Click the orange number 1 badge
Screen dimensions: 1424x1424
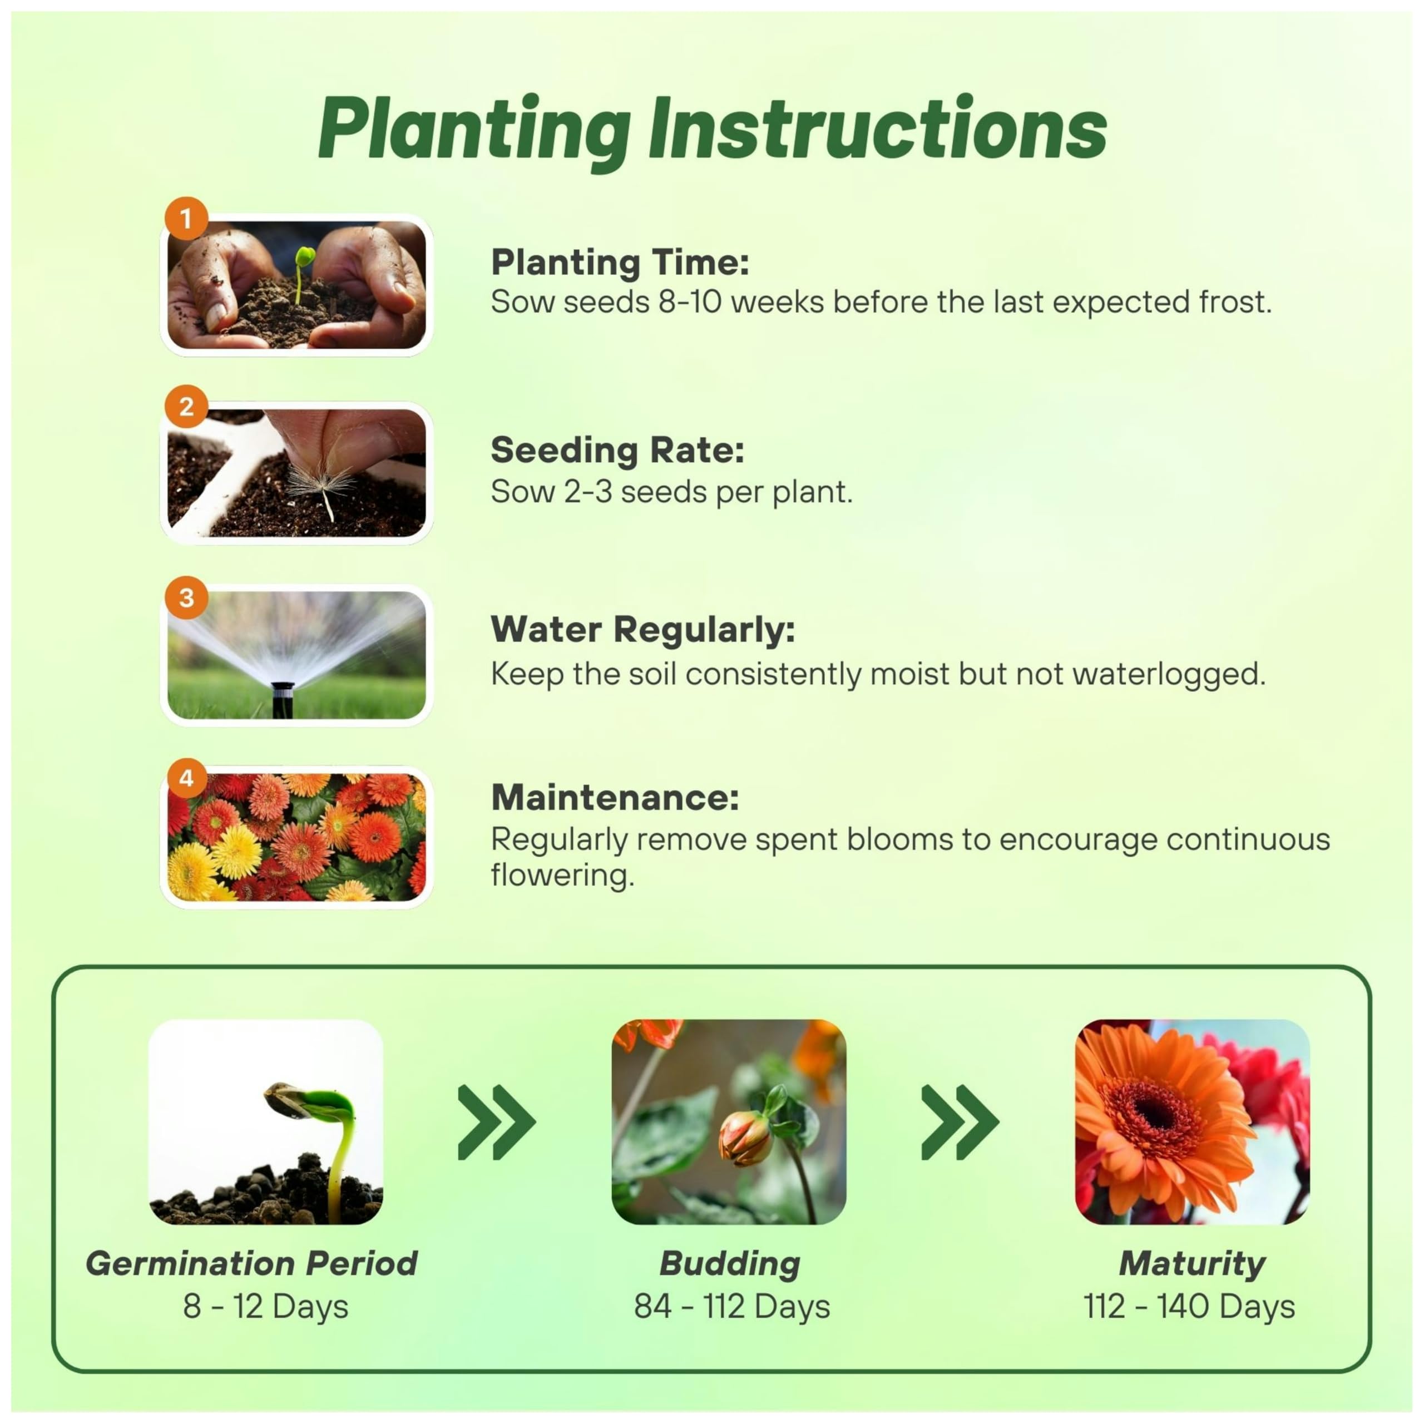(x=186, y=218)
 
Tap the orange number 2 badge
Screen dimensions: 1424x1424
(x=186, y=406)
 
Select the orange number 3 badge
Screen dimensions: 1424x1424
(x=186, y=597)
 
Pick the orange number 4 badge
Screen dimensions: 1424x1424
(x=186, y=778)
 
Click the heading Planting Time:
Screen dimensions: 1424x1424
(x=620, y=263)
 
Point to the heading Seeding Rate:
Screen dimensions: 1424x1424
(x=617, y=451)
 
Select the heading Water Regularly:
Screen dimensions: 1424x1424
(x=642, y=631)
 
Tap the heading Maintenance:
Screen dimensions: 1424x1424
(x=615, y=798)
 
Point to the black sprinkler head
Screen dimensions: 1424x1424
(x=282, y=699)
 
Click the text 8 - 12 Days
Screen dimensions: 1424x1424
(x=265, y=1307)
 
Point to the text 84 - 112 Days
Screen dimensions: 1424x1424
(x=732, y=1307)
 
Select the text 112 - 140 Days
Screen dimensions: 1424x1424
(x=1189, y=1307)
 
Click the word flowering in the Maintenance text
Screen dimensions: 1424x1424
(x=562, y=876)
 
